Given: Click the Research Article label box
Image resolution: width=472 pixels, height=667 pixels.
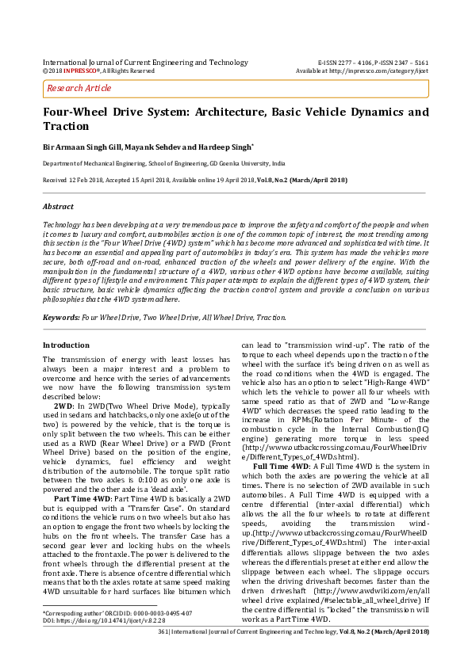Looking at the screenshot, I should pos(80,88).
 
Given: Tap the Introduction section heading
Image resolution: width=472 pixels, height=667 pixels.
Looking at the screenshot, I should pos(66,345).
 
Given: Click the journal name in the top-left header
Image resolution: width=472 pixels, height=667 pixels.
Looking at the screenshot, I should pos(144,62).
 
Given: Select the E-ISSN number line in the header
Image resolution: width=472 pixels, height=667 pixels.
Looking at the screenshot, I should pos(373,62).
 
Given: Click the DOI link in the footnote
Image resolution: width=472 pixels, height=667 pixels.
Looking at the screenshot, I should pos(104,620).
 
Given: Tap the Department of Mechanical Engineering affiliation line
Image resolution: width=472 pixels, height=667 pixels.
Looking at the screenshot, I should pos(163,164).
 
